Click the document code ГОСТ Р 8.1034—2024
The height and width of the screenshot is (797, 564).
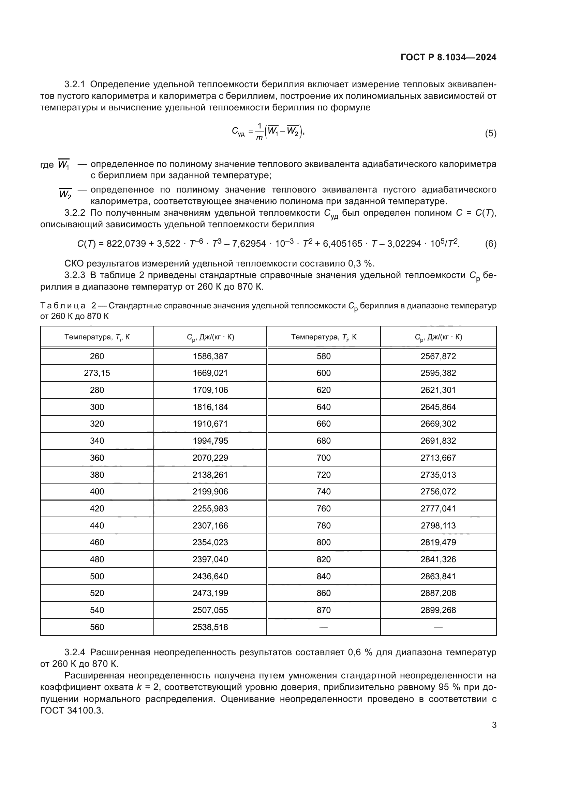(448, 57)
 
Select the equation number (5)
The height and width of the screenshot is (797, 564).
(490, 134)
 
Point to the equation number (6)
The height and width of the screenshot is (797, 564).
(490, 244)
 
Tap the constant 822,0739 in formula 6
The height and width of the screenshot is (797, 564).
(126, 244)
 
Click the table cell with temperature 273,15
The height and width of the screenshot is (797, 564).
(97, 373)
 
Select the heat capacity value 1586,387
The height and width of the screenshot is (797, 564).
(210, 356)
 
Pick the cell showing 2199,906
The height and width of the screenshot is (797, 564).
(210, 492)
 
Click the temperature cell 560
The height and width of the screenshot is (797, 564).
(97, 627)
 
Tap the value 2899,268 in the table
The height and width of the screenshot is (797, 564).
(438, 610)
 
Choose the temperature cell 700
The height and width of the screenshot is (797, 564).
(323, 458)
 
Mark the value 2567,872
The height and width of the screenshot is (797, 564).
(438, 356)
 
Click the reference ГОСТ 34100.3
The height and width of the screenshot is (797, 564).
(72, 710)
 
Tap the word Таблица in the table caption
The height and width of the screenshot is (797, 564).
(63, 306)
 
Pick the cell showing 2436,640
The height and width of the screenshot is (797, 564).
(210, 576)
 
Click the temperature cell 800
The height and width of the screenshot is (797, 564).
(323, 542)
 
